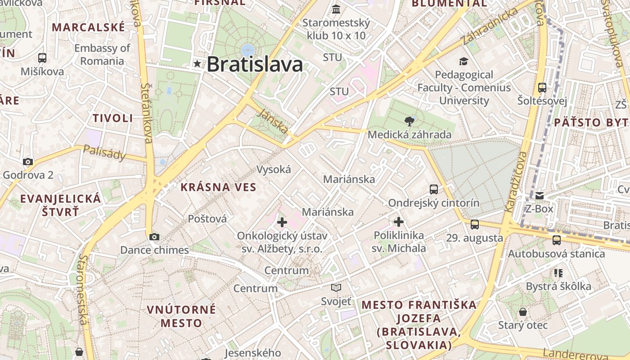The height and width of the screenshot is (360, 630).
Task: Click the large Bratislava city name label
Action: click(x=255, y=64)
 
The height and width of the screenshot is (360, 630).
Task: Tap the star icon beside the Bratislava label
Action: click(x=197, y=64)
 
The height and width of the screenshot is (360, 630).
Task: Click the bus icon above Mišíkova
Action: click(x=42, y=58)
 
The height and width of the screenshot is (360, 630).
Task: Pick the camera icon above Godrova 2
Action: click(x=28, y=162)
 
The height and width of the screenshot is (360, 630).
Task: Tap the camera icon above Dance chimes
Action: click(x=154, y=237)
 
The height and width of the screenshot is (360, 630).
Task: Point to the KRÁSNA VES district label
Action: click(x=218, y=187)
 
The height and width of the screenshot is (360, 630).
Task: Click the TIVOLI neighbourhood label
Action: click(x=113, y=118)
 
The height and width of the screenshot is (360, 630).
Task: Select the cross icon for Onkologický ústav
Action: click(x=282, y=222)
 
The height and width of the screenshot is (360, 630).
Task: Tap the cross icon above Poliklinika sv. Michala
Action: click(x=399, y=222)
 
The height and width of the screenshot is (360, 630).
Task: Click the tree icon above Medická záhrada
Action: click(x=409, y=121)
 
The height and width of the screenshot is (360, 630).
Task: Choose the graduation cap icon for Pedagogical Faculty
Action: click(x=463, y=61)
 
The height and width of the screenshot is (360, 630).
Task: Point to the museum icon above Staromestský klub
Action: click(x=336, y=9)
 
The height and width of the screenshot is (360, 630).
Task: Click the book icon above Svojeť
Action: click(x=336, y=288)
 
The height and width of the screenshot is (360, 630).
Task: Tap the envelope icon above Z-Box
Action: click(x=539, y=196)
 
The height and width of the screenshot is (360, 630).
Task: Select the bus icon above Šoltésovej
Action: click(x=542, y=87)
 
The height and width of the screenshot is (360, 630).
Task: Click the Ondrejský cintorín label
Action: click(x=434, y=203)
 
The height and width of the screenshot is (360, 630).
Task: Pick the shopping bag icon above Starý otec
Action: click(x=523, y=312)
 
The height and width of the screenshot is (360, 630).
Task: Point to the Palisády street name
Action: click(x=105, y=153)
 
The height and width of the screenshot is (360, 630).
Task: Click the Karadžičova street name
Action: click(x=516, y=182)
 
